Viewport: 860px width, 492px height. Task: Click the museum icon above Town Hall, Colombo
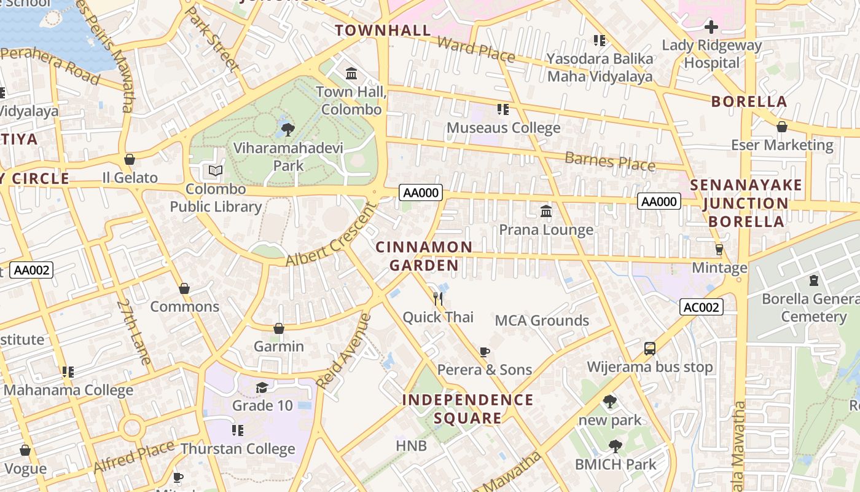pos(351,74)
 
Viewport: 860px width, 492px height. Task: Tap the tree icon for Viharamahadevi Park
pos(287,129)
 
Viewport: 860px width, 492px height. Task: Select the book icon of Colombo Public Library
pos(216,170)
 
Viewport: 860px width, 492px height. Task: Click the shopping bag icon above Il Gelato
pos(130,159)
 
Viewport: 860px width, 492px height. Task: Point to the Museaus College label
pos(503,128)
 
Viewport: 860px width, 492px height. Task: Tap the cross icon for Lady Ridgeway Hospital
pos(711,27)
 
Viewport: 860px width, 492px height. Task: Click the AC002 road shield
pos(701,307)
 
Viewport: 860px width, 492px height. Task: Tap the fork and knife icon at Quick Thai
pos(438,299)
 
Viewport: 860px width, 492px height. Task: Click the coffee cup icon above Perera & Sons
pos(484,352)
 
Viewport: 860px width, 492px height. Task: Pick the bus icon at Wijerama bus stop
pos(650,349)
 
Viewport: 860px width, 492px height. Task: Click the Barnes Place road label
pos(609,161)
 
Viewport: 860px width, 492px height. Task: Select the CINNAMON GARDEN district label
pos(424,256)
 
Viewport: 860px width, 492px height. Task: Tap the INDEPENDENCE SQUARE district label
pos(467,409)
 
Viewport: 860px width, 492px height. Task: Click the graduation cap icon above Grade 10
pos(262,387)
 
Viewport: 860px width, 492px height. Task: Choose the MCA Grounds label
pos(542,320)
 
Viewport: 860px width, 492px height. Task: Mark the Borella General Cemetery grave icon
pos(814,280)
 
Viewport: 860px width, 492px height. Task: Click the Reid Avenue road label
pos(344,351)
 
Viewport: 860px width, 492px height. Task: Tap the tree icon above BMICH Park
pos(615,446)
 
